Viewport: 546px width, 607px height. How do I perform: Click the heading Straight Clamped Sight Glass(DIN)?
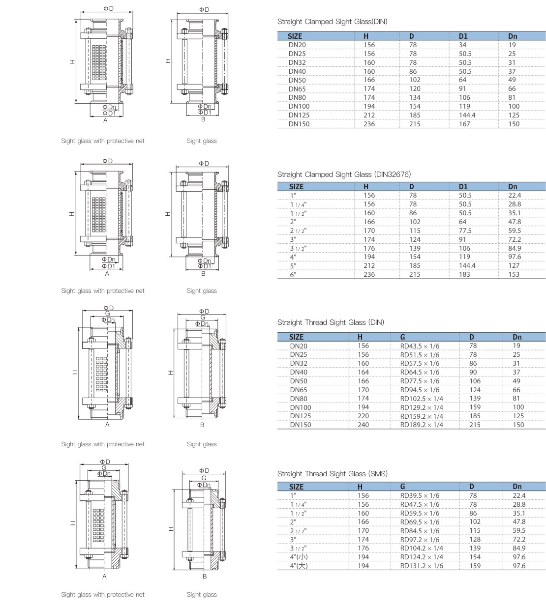[332, 22]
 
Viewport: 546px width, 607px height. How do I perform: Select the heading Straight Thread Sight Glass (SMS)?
[332, 474]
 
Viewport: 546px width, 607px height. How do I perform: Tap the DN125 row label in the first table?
[299, 115]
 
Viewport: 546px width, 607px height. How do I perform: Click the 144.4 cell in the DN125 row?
[467, 115]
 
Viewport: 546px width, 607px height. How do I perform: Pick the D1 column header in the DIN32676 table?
[463, 187]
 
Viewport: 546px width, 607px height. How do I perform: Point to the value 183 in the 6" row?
[464, 274]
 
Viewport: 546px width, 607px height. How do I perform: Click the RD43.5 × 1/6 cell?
[420, 346]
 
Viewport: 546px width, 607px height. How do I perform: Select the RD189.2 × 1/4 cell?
[422, 425]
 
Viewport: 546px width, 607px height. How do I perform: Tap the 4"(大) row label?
[299, 566]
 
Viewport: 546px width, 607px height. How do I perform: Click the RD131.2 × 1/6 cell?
[422, 566]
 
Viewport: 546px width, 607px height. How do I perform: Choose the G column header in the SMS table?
[402, 487]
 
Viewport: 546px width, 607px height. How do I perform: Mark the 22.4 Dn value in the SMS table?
[519, 495]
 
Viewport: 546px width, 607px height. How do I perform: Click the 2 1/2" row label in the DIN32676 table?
[298, 231]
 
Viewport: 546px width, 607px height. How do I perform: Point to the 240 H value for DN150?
[363, 425]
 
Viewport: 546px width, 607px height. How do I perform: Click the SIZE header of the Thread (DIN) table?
[296, 337]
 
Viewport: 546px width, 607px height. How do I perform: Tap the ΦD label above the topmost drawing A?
[108, 9]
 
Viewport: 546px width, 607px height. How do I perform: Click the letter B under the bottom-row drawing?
[204, 577]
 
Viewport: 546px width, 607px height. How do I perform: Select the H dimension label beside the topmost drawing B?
[168, 61]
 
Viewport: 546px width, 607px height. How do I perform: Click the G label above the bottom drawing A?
[104, 468]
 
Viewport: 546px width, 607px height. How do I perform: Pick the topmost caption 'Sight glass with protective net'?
[103, 141]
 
